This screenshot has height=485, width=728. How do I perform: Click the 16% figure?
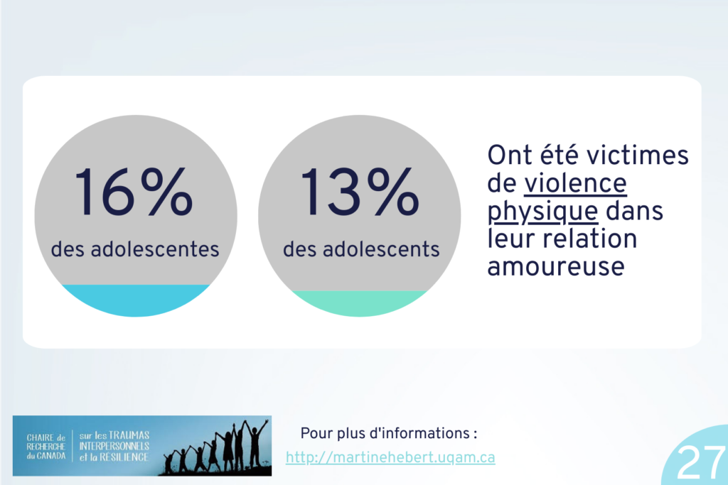point(134,192)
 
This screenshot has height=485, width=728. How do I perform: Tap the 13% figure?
point(359,192)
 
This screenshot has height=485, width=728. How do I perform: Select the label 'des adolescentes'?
point(134,249)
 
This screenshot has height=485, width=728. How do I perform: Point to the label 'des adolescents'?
point(361,249)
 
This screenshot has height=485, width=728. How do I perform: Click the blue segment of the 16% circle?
point(136,300)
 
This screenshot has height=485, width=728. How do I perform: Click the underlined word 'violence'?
point(576,183)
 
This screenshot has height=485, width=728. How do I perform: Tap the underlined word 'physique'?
point(542,212)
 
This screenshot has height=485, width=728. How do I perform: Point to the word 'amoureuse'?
point(556,266)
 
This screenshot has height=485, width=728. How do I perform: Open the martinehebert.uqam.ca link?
point(390,457)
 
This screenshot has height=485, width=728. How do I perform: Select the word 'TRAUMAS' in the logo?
point(129,435)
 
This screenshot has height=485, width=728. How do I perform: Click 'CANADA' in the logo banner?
point(51,457)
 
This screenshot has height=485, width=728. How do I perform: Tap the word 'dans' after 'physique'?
point(634,211)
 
